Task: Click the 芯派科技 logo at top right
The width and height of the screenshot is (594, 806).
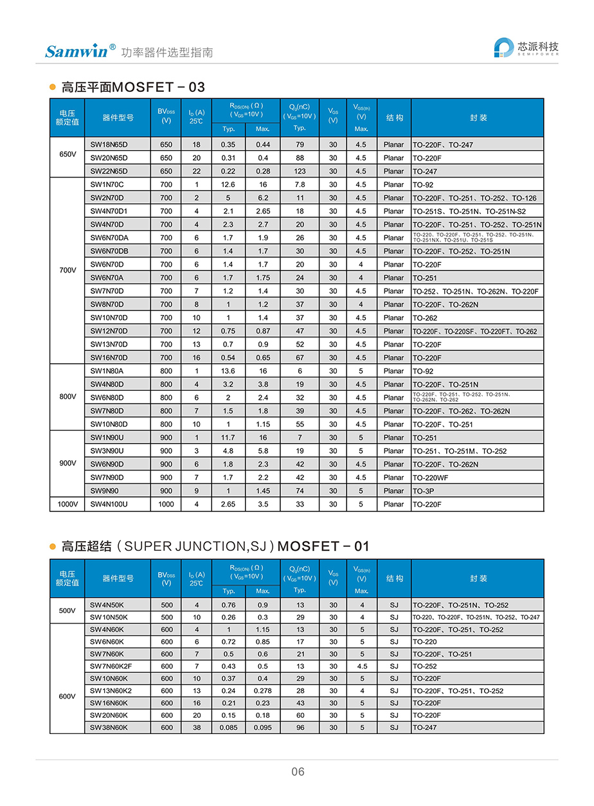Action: coord(526,48)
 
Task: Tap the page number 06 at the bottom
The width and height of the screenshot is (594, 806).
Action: coord(298,772)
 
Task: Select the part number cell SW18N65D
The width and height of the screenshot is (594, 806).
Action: coord(109,145)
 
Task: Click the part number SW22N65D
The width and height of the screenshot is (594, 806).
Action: coord(109,171)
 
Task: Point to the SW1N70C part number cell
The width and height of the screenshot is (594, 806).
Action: coord(107,184)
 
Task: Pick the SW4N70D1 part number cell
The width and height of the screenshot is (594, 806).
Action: coord(109,211)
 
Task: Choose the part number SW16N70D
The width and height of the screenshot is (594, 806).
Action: coord(109,357)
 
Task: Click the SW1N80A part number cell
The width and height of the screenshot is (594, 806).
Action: coord(107,371)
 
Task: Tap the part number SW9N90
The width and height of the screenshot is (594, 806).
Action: coord(104,491)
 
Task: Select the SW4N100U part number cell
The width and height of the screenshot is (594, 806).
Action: coord(109,505)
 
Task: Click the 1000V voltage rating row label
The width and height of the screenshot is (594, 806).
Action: coord(67,505)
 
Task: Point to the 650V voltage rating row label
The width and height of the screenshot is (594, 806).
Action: coord(67,157)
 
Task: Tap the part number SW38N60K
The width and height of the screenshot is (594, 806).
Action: coord(109,728)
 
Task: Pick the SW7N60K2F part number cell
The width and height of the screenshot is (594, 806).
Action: coord(111,667)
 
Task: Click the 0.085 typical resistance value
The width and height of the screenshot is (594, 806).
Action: coord(229,728)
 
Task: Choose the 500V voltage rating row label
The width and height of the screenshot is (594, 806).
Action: coord(67,611)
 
